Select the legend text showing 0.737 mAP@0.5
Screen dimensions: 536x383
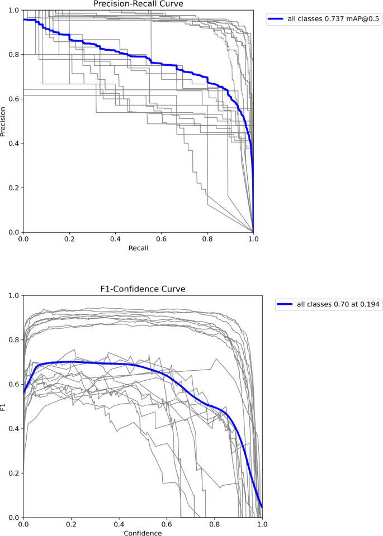tap(334, 18)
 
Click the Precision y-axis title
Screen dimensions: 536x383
tap(4, 121)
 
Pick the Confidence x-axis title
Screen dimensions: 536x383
tap(143, 533)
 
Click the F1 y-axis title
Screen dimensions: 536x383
tap(4, 406)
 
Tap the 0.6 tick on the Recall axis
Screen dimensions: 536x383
tap(161, 239)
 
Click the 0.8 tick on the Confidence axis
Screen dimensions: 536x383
tap(214, 525)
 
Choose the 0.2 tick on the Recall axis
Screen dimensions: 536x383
tap(69, 239)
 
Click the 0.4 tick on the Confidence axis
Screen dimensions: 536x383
tap(119, 525)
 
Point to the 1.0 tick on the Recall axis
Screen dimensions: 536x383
tap(253, 239)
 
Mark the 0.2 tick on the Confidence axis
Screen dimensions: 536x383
tap(71, 525)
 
